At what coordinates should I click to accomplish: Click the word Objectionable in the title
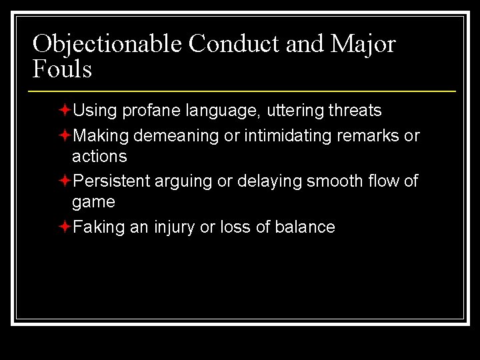(107, 44)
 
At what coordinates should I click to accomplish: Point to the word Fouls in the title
(62, 68)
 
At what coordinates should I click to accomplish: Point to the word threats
(355, 110)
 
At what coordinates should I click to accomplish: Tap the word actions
(99, 156)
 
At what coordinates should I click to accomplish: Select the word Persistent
(111, 181)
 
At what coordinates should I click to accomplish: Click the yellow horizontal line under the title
(243, 90)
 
